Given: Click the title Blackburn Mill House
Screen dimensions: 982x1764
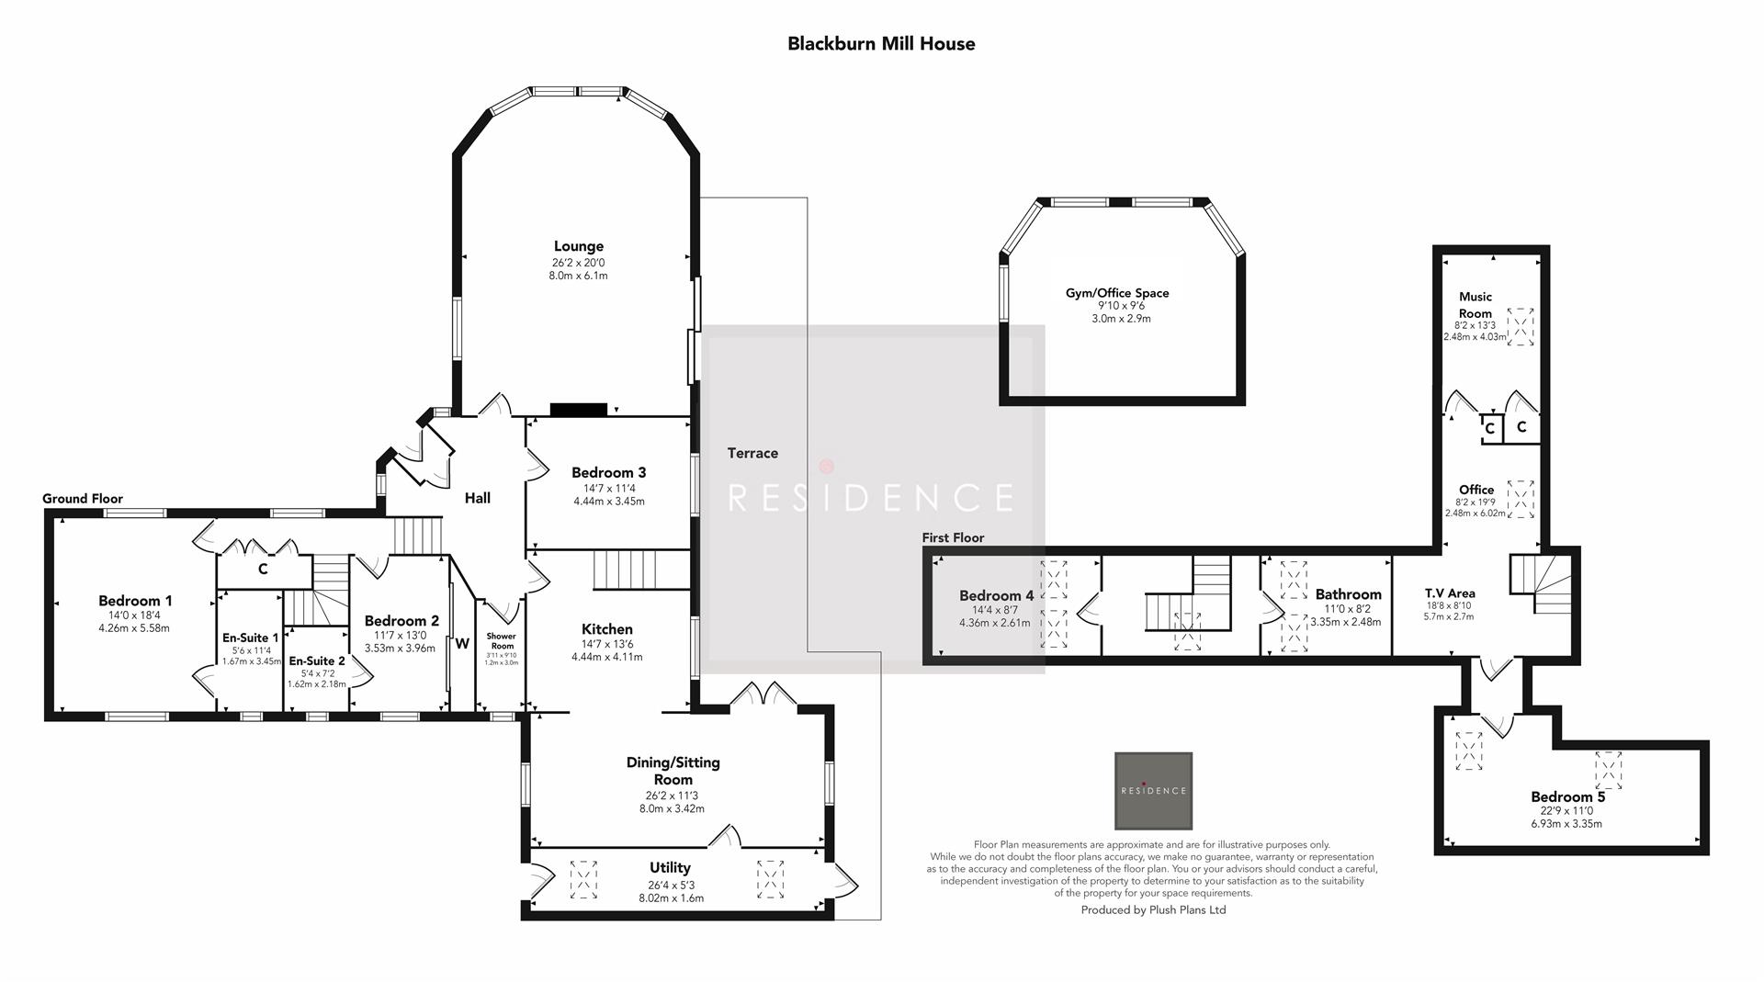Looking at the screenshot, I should [881, 43].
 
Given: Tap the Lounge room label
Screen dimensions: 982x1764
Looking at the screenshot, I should [578, 246].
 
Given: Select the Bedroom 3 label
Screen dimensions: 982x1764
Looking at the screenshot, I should [608, 472].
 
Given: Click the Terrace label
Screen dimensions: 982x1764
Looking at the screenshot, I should [752, 453].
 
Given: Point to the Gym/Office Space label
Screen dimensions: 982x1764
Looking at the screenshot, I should [1117, 293].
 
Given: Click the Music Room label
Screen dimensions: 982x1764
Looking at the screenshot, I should [1475, 304].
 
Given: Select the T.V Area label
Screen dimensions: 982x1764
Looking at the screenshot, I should [1449, 593].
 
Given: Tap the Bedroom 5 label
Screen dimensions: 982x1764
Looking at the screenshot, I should [1567, 796].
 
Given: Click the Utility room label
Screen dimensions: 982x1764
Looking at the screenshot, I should [670, 867].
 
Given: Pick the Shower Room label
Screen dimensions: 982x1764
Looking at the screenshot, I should [502, 640].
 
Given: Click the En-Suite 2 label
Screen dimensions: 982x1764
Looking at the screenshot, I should [317, 660].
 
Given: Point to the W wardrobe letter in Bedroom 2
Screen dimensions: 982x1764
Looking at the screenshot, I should [461, 644].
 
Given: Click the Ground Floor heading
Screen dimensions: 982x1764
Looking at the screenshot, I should [83, 499].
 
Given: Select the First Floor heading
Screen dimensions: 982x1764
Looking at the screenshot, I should [953, 537].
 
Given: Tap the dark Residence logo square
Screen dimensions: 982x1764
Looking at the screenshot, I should [1153, 791].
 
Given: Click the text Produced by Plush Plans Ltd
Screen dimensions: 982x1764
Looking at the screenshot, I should [1153, 910].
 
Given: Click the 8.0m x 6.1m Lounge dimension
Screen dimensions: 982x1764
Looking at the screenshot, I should [578, 276].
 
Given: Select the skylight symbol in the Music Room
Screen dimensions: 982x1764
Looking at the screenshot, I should [1521, 326].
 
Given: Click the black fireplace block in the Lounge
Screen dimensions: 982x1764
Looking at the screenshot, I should [578, 410].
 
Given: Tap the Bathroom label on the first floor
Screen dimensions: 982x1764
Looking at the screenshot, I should [1348, 594].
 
